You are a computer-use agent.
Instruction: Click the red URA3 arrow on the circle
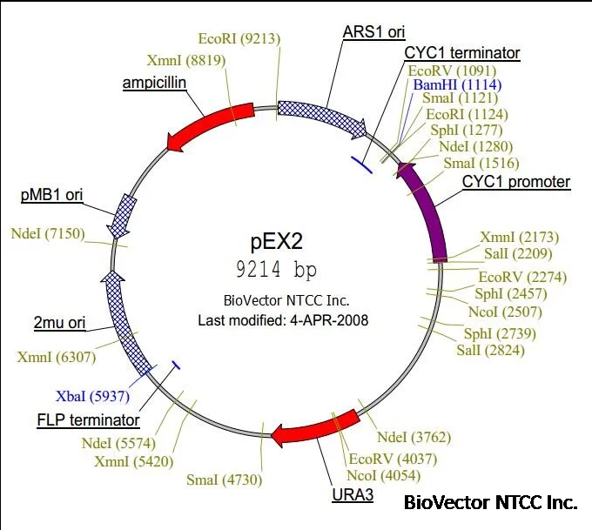click(x=313, y=428)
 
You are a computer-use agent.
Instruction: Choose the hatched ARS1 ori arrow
click(x=322, y=117)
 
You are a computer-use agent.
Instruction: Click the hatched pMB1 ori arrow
click(x=123, y=214)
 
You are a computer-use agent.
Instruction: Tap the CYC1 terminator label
click(x=461, y=54)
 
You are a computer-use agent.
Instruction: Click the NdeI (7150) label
click(x=47, y=233)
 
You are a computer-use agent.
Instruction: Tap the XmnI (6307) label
click(x=57, y=357)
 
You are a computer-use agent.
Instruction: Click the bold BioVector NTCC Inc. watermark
click(x=490, y=502)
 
